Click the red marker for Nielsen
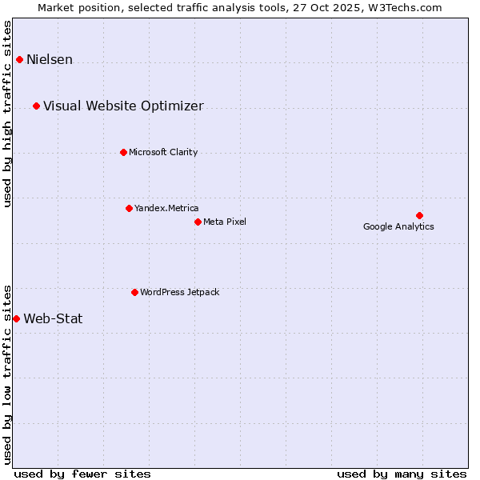[x=19, y=59]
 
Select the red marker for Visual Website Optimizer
[x=36, y=106]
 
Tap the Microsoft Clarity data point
[x=123, y=152]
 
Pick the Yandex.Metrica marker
[x=129, y=208]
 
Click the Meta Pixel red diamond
[x=198, y=222]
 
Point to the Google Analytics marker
[x=419, y=215]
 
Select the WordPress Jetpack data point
[x=134, y=292]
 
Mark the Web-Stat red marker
[x=16, y=318]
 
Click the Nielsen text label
[x=50, y=60]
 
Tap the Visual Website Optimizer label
[x=123, y=106]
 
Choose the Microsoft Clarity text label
[x=163, y=153]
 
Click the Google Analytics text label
[x=398, y=226]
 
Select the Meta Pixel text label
[x=225, y=222]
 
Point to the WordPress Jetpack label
[x=179, y=293]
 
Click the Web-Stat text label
[x=53, y=319]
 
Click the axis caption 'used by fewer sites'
[x=82, y=474]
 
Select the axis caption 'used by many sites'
[x=402, y=474]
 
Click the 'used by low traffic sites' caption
[x=8, y=374]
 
